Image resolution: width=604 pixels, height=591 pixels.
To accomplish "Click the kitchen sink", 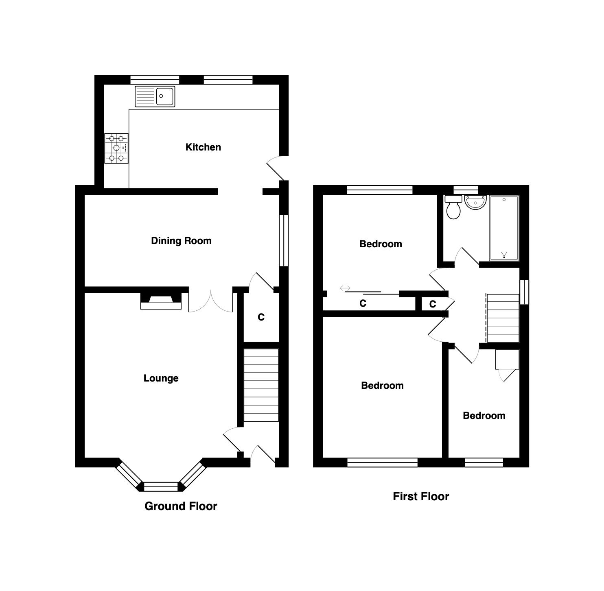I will click(155, 96).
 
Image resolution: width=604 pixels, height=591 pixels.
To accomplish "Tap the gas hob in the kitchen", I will click(116, 148).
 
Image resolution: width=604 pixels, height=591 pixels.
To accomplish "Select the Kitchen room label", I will click(203, 147).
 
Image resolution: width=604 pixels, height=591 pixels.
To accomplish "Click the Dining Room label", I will click(181, 241).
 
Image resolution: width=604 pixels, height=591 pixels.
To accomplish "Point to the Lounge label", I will click(161, 378).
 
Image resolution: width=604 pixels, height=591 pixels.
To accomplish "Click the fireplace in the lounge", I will click(161, 301).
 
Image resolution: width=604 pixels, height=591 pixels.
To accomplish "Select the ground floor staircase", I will click(261, 385).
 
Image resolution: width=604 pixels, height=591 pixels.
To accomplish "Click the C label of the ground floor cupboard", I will click(261, 317).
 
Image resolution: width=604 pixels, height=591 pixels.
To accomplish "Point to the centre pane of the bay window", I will click(161, 486).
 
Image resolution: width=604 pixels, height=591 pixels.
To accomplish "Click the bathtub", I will click(504, 228).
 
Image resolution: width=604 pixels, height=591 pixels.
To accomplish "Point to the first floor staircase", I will click(503, 318).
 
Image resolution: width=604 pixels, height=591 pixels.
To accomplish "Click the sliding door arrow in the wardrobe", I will click(345, 288).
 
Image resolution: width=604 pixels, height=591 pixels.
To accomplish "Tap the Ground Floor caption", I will click(181, 506).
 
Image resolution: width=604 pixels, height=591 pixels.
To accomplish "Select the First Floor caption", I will click(421, 496).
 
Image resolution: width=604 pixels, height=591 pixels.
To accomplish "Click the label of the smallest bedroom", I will click(484, 416).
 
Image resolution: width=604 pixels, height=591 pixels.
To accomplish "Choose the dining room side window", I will click(284, 240).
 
